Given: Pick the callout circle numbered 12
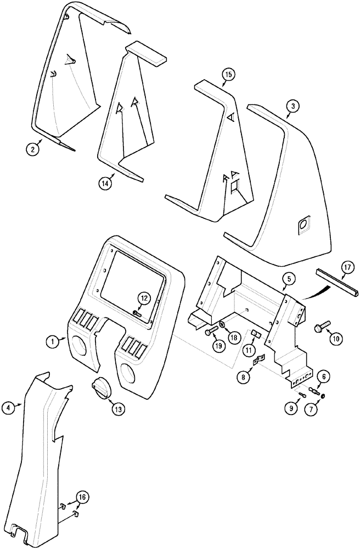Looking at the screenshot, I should (x=143, y=299).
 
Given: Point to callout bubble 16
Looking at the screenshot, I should (x=82, y=498).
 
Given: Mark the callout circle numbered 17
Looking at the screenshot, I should (x=346, y=270).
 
